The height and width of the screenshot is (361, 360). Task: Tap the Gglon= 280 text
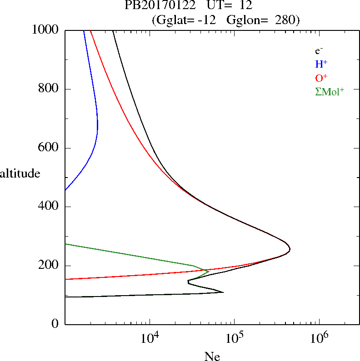point(272,20)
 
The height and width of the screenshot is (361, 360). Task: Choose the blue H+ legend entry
point(321,64)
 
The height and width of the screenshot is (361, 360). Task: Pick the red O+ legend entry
point(321,78)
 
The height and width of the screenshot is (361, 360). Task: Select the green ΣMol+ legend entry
point(330,91)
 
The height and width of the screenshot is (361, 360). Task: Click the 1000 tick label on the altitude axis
point(46,30)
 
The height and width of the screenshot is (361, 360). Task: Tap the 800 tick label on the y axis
point(49,89)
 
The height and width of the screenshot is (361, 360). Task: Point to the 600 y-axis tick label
point(49,148)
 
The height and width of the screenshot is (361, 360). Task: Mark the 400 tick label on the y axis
point(49,207)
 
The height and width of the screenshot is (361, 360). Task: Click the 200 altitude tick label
point(49,266)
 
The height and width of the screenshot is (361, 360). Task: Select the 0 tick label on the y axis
point(55,324)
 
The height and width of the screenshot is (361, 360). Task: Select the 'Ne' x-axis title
point(212,356)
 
